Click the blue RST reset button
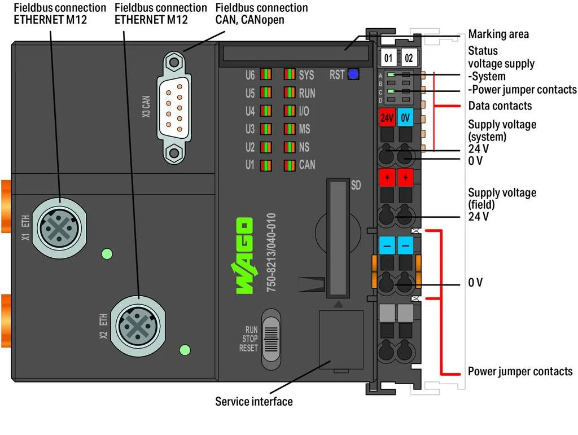(353, 74)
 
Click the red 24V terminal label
(387, 118)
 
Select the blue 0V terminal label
(405, 118)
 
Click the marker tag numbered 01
(388, 58)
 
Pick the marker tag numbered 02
(409, 58)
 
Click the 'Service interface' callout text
(254, 402)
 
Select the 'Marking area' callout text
(498, 34)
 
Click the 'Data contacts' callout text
(500, 106)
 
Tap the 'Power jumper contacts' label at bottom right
(520, 371)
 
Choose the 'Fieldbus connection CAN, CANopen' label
(261, 14)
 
